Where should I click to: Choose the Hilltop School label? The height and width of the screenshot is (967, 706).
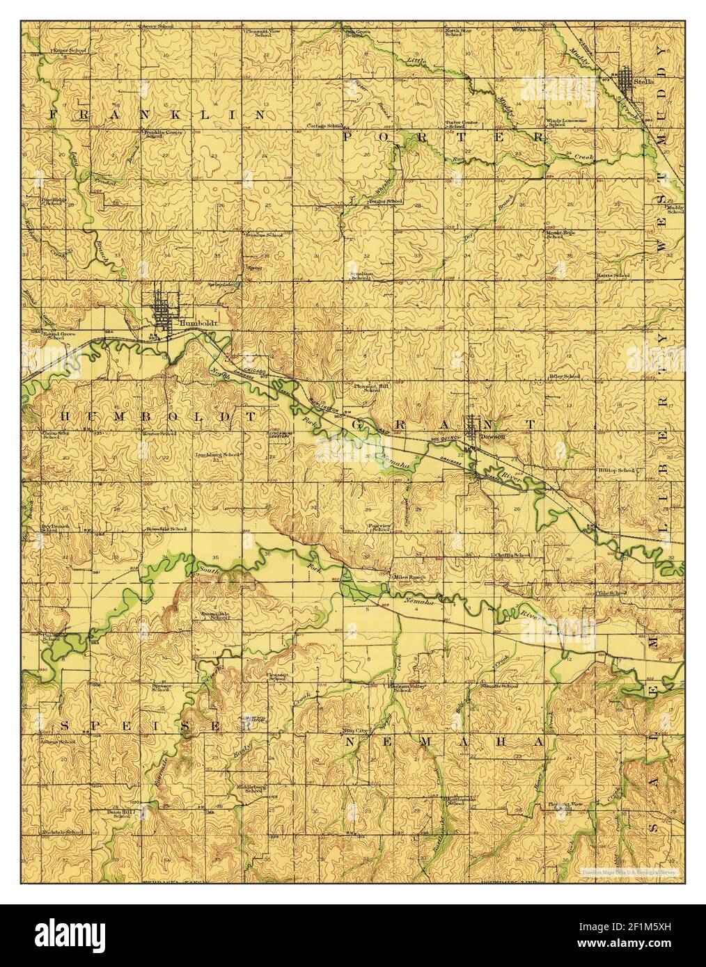tap(617, 471)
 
